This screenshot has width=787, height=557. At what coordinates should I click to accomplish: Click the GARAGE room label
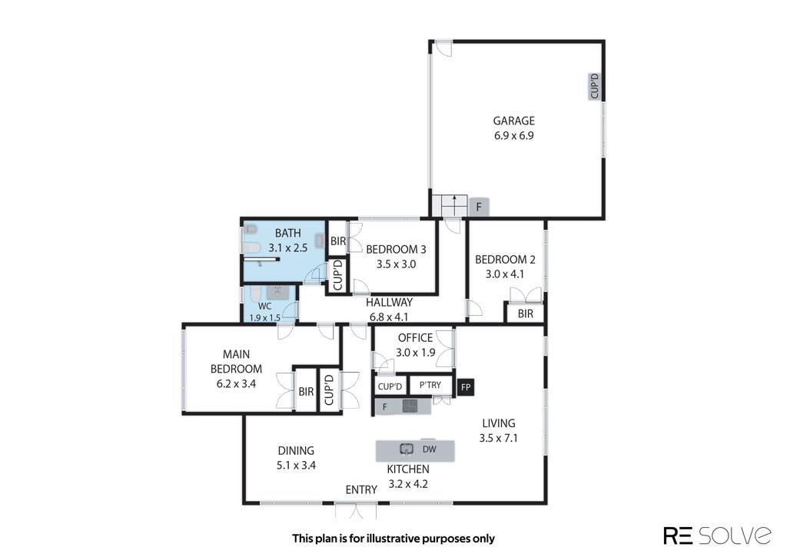pos(513,121)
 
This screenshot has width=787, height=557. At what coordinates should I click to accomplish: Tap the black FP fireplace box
pos(465,387)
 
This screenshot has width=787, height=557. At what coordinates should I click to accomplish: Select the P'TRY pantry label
pos(430,385)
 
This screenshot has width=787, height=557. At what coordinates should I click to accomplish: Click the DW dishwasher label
pos(429,449)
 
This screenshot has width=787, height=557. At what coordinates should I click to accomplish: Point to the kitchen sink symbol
pos(406,449)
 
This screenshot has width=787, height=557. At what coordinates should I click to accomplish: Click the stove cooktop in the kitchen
pos(410,406)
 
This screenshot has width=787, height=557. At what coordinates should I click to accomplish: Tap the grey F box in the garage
pos(479,207)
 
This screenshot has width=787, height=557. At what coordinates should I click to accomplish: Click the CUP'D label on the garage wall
pos(595,86)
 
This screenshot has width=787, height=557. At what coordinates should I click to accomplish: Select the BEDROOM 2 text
pos(505,260)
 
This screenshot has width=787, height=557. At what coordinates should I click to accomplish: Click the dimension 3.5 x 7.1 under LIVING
pos(498,438)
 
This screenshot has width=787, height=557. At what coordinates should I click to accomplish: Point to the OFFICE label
pos(415,338)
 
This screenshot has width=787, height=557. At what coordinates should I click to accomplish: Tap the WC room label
pos(264,306)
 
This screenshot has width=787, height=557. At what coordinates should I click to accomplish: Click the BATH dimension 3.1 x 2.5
pos(287,248)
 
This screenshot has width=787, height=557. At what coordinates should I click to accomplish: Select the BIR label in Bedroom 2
pos(526,314)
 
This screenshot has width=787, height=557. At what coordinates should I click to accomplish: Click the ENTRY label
pos(361,489)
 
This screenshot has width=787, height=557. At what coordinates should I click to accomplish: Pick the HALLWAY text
pos(389,303)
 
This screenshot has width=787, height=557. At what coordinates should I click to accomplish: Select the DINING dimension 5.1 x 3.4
pos(296,466)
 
